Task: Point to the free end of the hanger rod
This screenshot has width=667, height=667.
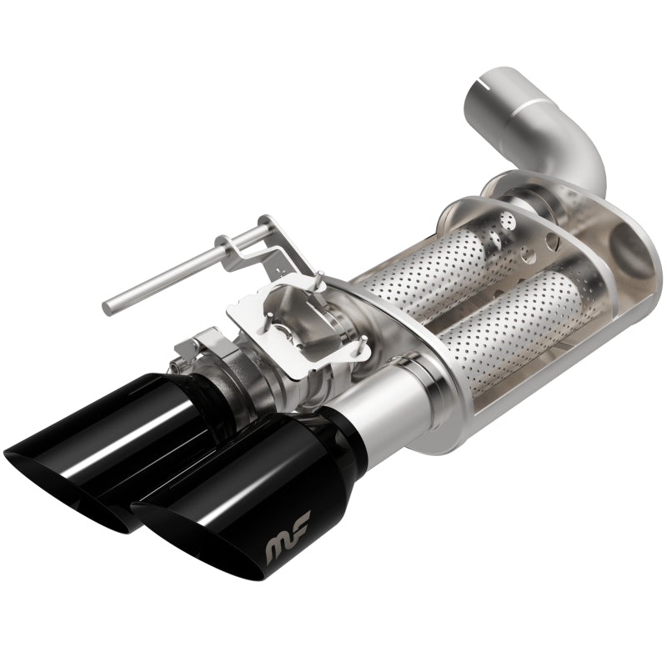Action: click(x=108, y=303)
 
